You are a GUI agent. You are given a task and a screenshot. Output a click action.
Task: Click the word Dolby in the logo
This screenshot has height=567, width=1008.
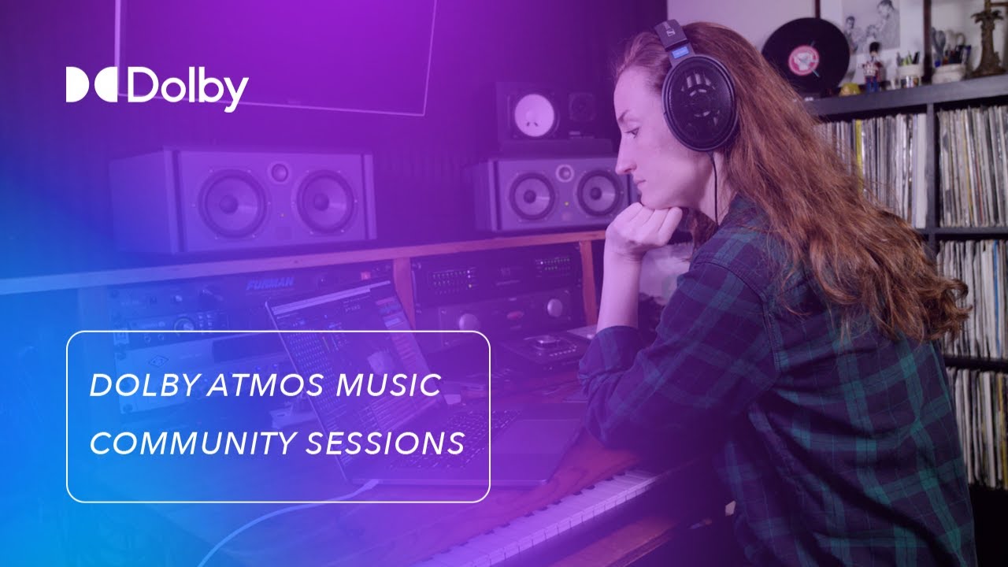pos(187,87)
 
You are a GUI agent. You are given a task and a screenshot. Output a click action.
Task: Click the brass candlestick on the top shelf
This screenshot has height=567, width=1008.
pos(988,39)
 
